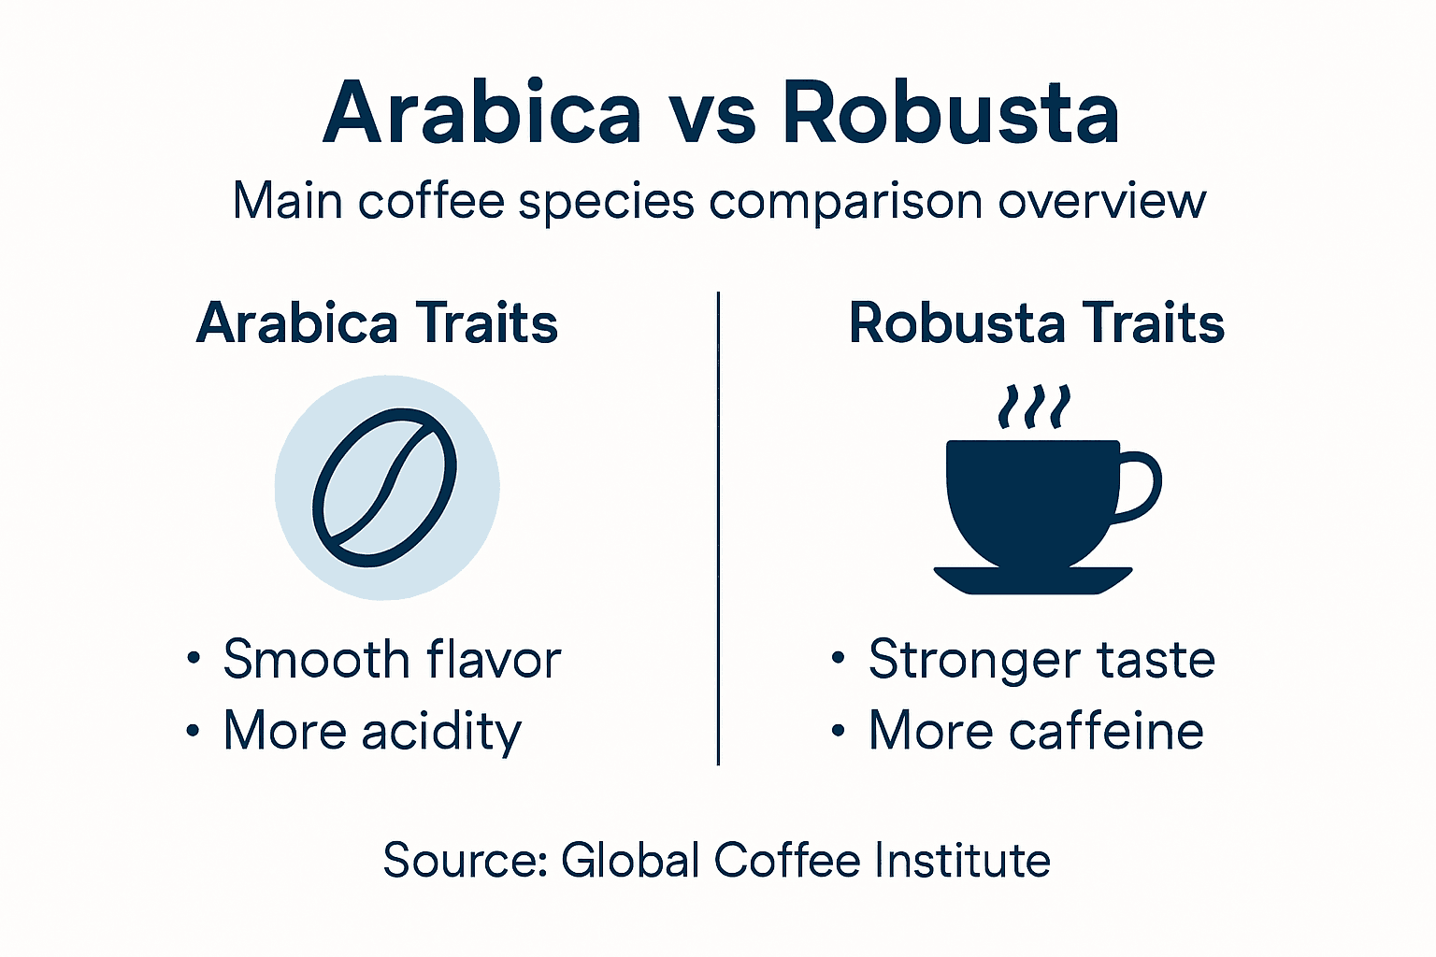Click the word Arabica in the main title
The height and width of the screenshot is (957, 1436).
pyautogui.click(x=481, y=113)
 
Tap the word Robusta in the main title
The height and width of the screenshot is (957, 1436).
pyautogui.click(x=951, y=113)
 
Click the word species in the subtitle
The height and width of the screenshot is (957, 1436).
pyautogui.click(x=606, y=202)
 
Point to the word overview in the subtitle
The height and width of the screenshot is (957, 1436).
pyautogui.click(x=1101, y=201)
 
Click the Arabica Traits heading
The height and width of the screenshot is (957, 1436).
pyautogui.click(x=377, y=323)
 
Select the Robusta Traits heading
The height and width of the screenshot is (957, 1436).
pyautogui.click(x=1036, y=323)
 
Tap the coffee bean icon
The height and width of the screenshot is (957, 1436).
pyautogui.click(x=385, y=487)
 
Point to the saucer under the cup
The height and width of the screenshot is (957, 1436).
pyautogui.click(x=1033, y=580)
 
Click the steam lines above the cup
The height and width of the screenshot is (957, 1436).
pyautogui.click(x=1033, y=407)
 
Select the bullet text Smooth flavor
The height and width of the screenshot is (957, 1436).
pyautogui.click(x=392, y=660)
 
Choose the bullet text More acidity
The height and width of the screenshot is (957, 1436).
pyautogui.click(x=372, y=731)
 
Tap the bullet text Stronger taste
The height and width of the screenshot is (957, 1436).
pyautogui.click(x=1041, y=660)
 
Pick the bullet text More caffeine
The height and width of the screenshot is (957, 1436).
pyautogui.click(x=1036, y=731)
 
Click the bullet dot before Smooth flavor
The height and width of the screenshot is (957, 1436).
pyautogui.click(x=194, y=659)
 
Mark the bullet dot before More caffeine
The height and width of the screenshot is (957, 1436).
pyautogui.click(x=839, y=730)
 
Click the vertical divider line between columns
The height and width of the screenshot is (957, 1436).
pyautogui.click(x=718, y=528)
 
